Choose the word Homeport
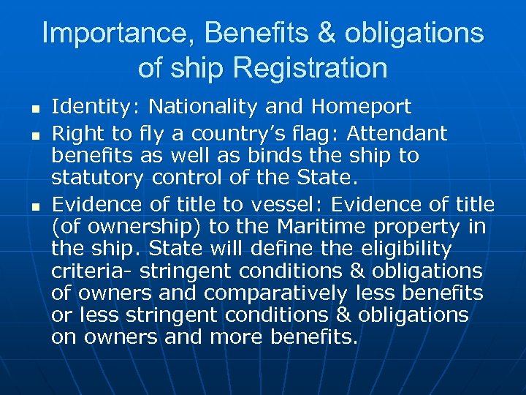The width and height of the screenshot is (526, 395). pyautogui.click(x=361, y=108)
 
